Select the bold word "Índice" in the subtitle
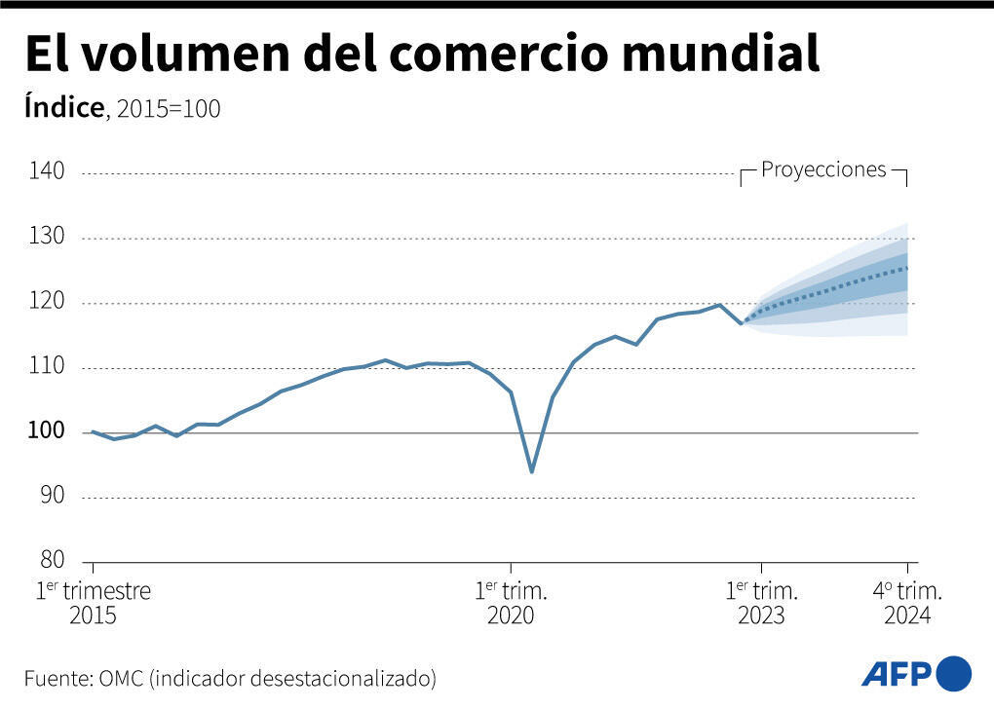pyautogui.click(x=63, y=107)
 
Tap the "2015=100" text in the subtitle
pyautogui.click(x=169, y=109)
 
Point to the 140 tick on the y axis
pyautogui.click(x=46, y=171)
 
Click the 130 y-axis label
pyautogui.click(x=46, y=237)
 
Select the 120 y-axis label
pyautogui.click(x=46, y=302)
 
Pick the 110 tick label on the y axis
pyautogui.click(x=46, y=367)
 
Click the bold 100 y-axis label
pyautogui.click(x=46, y=431)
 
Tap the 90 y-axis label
pyautogui.click(x=51, y=496)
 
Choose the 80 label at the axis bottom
pyautogui.click(x=51, y=560)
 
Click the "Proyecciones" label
pyautogui.click(x=823, y=169)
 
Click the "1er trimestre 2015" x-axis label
pyautogui.click(x=94, y=603)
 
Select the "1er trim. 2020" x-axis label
pyautogui.click(x=511, y=603)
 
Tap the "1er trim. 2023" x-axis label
pyautogui.click(x=762, y=603)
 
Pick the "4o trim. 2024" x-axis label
pyautogui.click(x=907, y=603)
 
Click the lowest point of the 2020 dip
pyautogui.click(x=531, y=472)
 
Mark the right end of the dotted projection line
pyautogui.click(x=907, y=268)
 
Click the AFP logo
pyautogui.click(x=916, y=673)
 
